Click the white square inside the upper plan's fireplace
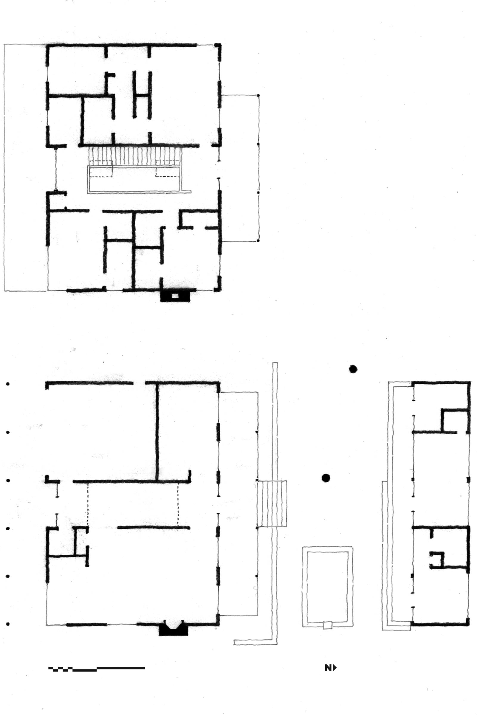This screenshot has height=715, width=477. (x=175, y=296)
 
